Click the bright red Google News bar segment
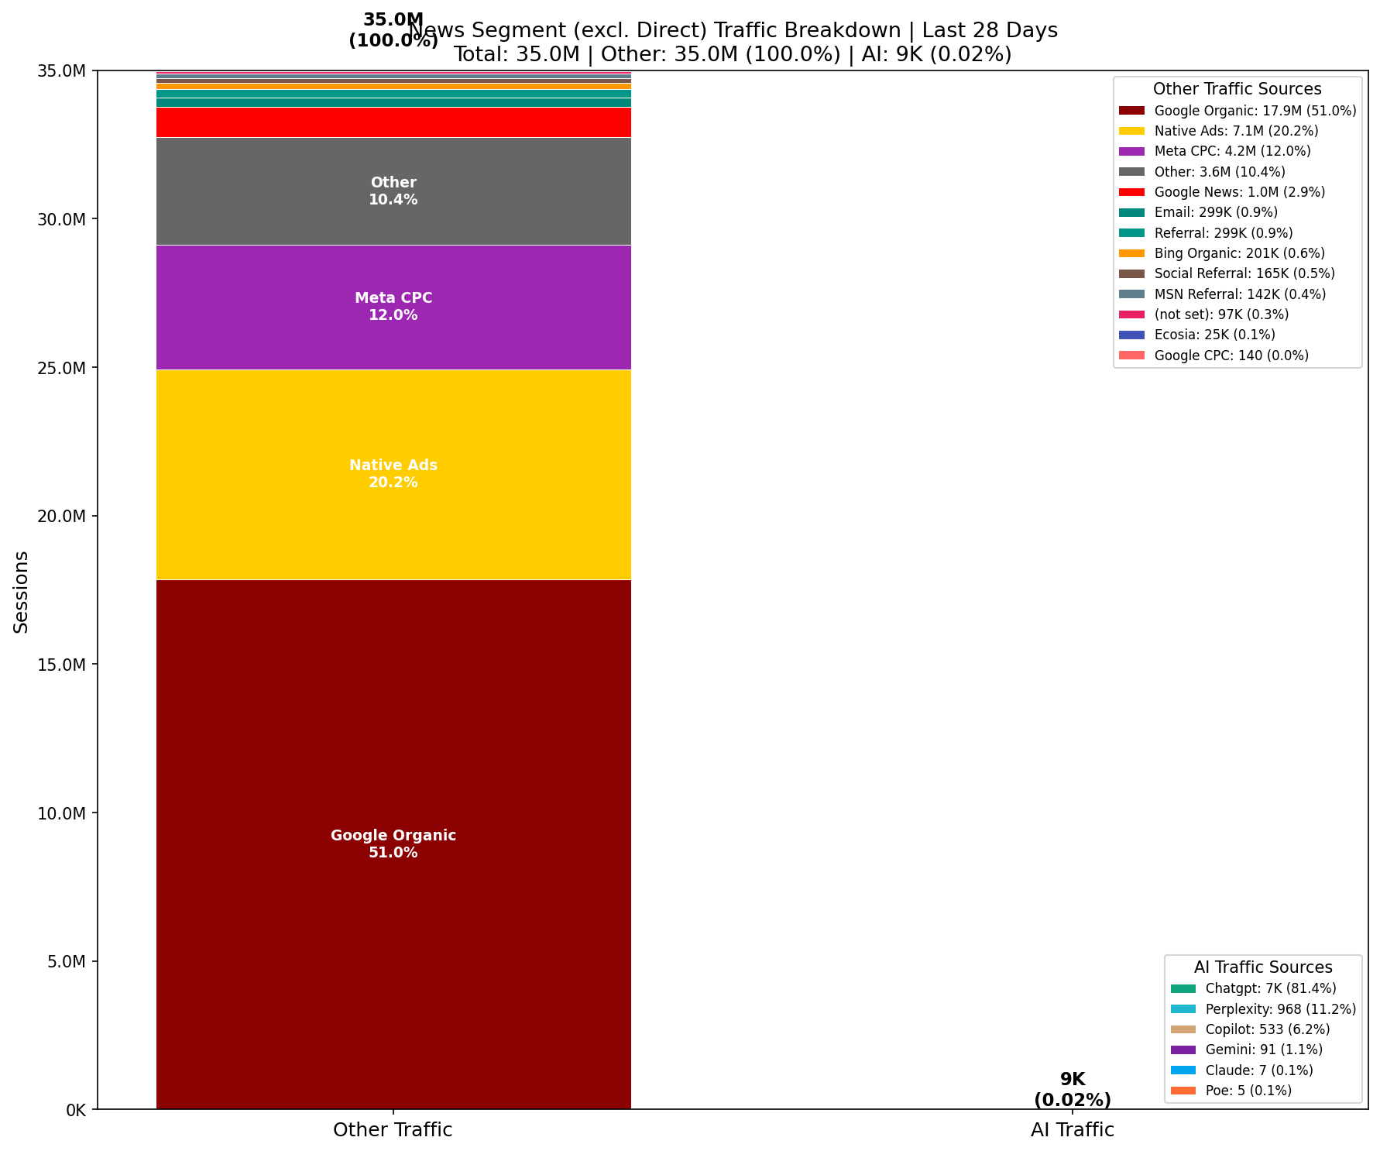(393, 122)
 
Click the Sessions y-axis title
(21, 592)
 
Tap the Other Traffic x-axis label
(393, 1130)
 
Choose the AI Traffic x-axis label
(1072, 1130)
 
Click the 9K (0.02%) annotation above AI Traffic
(1072, 1089)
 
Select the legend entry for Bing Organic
(1238, 253)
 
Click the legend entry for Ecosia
(1214, 335)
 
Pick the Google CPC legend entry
(1231, 356)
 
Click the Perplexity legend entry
(1280, 1009)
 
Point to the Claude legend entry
(1258, 1070)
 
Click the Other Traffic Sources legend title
(1237, 89)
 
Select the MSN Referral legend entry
(1239, 294)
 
